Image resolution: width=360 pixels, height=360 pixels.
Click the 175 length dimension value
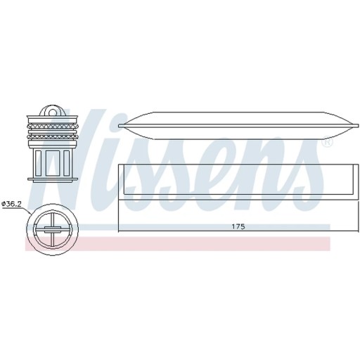pyautogui.click(x=238, y=226)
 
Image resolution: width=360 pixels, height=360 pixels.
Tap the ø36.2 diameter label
pyautogui.click(x=11, y=204)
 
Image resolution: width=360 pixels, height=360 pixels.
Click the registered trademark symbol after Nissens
pyautogui.click(x=327, y=143)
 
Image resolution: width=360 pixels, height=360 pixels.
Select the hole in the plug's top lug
pyautogui.click(x=52, y=112)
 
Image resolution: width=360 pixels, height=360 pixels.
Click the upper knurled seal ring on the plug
pyautogui.click(x=52, y=127)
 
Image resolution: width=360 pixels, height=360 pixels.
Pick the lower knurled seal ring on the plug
pyautogui.click(x=52, y=136)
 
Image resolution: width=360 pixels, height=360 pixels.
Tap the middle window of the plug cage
pyautogui.click(x=53, y=163)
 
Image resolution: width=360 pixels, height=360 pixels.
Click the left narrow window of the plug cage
pyautogui.click(x=38, y=163)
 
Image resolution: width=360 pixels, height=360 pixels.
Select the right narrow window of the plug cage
pyautogui.click(x=67, y=163)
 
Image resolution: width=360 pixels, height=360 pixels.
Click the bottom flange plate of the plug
pyautogui.click(x=53, y=179)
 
